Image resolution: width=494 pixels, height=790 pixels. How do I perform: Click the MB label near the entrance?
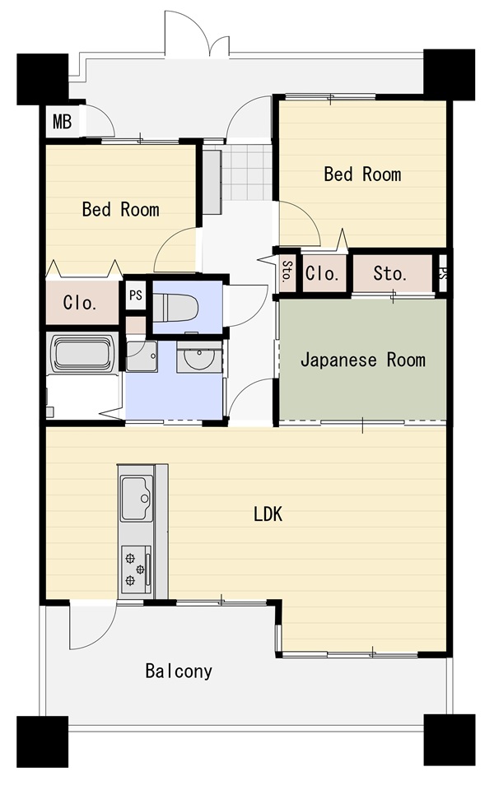click(x=63, y=122)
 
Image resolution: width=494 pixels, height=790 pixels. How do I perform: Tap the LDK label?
click(x=268, y=514)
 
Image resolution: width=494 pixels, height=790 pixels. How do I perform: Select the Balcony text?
click(x=179, y=671)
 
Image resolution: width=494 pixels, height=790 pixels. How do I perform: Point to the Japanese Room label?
click(x=363, y=360)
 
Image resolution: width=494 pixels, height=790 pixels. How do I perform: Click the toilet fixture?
click(x=175, y=307)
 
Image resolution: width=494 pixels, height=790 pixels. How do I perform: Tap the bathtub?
click(x=82, y=353)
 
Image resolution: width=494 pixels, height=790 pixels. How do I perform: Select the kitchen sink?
click(x=137, y=499)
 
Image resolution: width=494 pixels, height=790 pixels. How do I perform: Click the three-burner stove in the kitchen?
click(x=136, y=569)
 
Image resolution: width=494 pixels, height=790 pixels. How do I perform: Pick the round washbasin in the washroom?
click(x=199, y=358)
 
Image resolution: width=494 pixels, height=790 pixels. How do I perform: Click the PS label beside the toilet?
click(x=136, y=295)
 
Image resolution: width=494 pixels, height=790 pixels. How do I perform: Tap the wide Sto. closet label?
click(x=390, y=273)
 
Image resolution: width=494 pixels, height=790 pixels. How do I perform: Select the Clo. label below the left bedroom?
click(x=80, y=303)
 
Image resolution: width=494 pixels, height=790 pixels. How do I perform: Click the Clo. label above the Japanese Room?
click(x=322, y=273)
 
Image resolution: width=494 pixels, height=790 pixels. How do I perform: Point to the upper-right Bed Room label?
click(x=363, y=174)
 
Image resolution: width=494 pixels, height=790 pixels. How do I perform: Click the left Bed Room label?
click(x=121, y=209)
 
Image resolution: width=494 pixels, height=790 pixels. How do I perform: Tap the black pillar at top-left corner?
click(x=42, y=79)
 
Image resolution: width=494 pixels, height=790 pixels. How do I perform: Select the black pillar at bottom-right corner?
click(x=450, y=740)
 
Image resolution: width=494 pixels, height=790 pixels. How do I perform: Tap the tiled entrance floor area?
click(x=247, y=172)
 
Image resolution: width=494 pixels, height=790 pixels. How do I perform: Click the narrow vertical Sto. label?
click(x=287, y=272)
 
